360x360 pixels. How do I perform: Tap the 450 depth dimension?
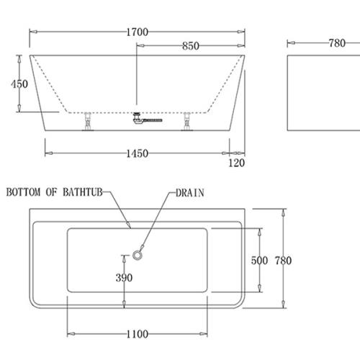coord(19,84)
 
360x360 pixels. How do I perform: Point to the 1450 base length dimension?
coord(136,153)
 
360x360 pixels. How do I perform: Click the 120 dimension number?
coord(236,163)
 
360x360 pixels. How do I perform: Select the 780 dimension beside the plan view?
coord(283,261)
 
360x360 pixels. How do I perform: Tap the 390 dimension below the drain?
coord(125,277)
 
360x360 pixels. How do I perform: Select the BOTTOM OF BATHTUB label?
coord(55,193)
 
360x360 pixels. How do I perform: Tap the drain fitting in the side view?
coord(138,120)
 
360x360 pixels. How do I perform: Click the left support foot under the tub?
coord(88,123)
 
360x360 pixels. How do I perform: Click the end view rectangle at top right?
coord(318,92)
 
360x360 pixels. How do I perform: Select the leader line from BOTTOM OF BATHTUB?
coord(120,210)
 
